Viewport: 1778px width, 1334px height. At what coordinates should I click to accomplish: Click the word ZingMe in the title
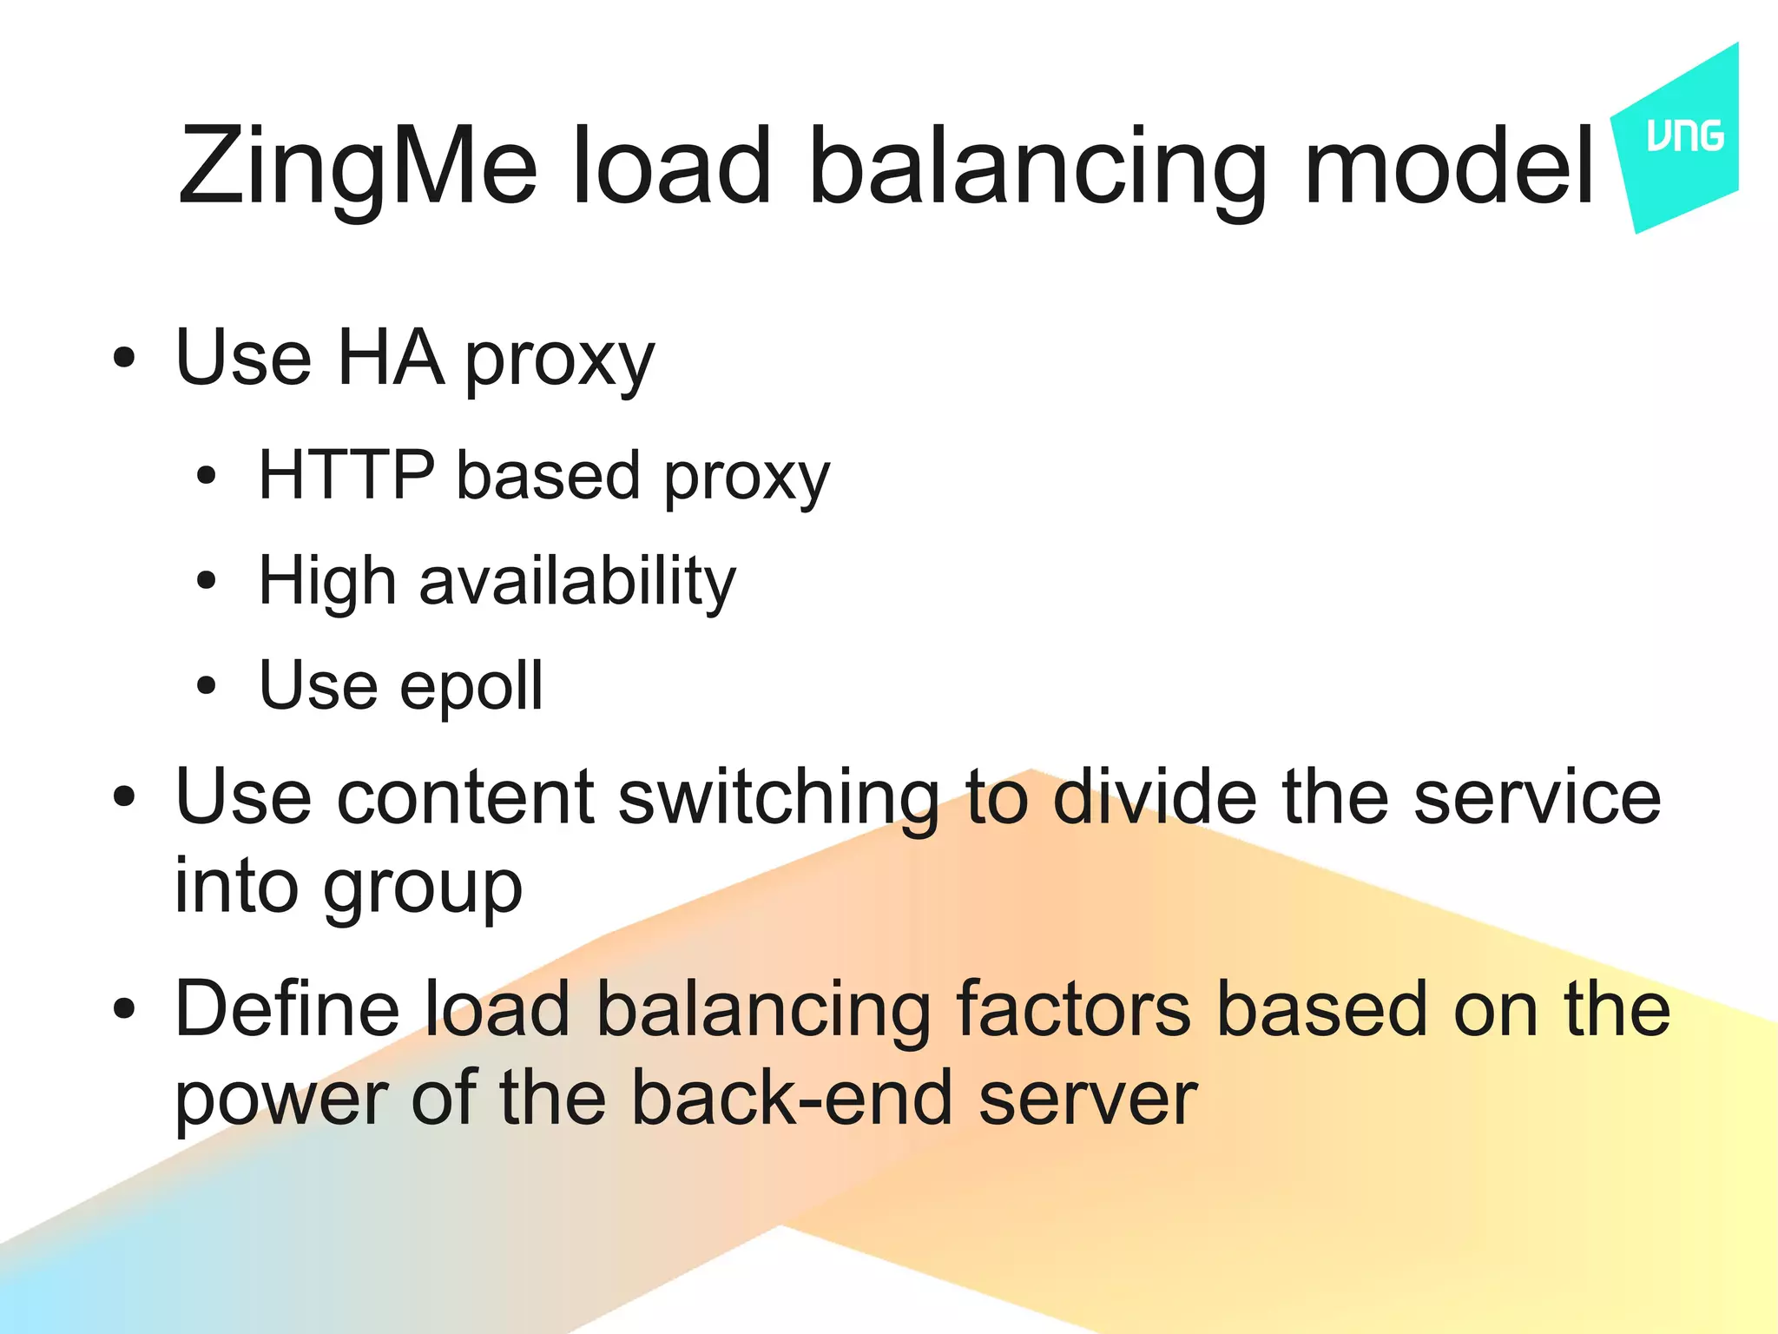[357, 167]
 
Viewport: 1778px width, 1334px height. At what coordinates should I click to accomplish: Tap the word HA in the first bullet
[390, 358]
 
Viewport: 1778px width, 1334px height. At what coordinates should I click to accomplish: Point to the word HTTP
[346, 475]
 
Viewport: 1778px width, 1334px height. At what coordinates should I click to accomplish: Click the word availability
[577, 581]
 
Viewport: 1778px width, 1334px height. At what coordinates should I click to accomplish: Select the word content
[465, 796]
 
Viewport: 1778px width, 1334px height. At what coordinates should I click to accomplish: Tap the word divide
[1155, 796]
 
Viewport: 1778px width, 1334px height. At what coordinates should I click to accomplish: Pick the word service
[1537, 796]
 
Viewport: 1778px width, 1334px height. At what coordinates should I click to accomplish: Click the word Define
[287, 1008]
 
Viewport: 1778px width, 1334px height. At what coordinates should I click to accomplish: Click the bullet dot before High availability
[206, 581]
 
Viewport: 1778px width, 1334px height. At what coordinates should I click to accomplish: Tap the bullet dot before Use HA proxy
[125, 358]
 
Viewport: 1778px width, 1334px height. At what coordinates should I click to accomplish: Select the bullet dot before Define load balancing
[125, 1008]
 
